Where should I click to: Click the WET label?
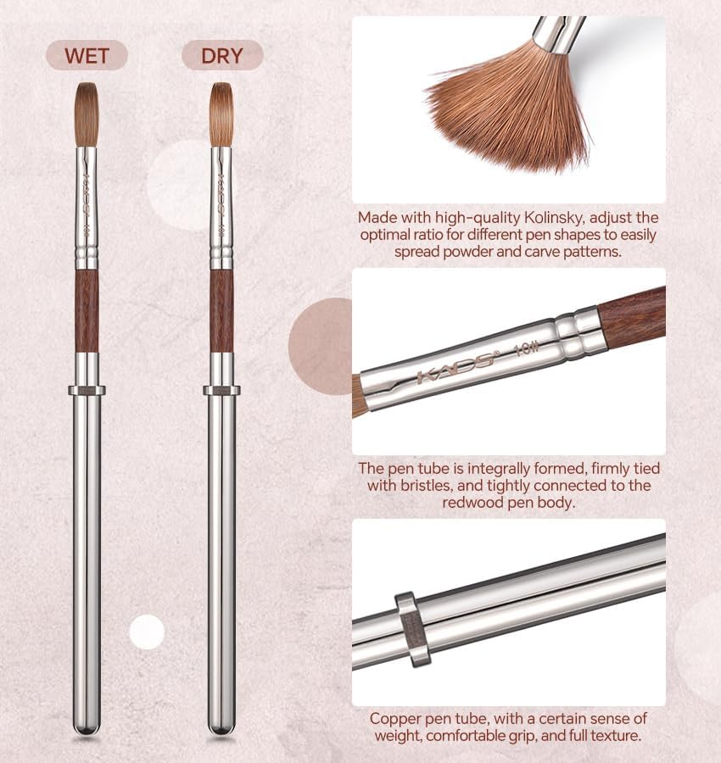[x=87, y=57]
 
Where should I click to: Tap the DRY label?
[x=222, y=57]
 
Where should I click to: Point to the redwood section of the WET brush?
[x=87, y=310]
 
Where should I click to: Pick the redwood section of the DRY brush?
[x=222, y=310]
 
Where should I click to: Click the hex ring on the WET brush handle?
[x=87, y=391]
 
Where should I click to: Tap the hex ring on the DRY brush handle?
[x=222, y=391]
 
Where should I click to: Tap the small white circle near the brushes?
[x=147, y=632]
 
